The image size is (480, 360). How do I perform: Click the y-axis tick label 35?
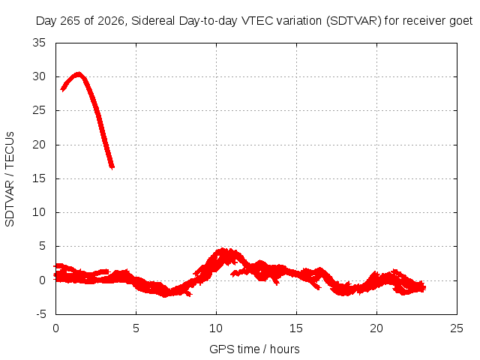coord(39,43)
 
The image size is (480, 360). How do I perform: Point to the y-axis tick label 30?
coord(39,76)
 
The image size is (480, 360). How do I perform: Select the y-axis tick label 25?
coord(39,110)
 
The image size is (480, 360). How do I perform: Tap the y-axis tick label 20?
coord(39,145)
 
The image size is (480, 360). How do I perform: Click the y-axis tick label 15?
coord(39,178)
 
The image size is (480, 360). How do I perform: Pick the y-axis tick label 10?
coord(39,212)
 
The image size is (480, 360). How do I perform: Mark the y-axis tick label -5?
coord(40,314)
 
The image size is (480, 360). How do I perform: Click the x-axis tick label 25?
coord(457,328)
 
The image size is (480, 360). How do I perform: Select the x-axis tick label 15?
coord(296,328)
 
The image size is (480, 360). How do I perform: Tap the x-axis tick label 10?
coord(216,328)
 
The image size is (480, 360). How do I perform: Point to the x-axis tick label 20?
coord(376,328)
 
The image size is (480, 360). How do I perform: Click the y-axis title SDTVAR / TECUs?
coord(10,179)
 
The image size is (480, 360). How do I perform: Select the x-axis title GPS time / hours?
coord(254,349)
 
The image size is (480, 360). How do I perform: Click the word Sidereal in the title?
coord(153,21)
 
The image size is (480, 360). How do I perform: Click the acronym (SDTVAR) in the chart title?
coord(354,21)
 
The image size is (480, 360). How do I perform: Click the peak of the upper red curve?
coord(79,73)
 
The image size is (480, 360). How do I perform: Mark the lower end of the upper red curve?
coord(112,168)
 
